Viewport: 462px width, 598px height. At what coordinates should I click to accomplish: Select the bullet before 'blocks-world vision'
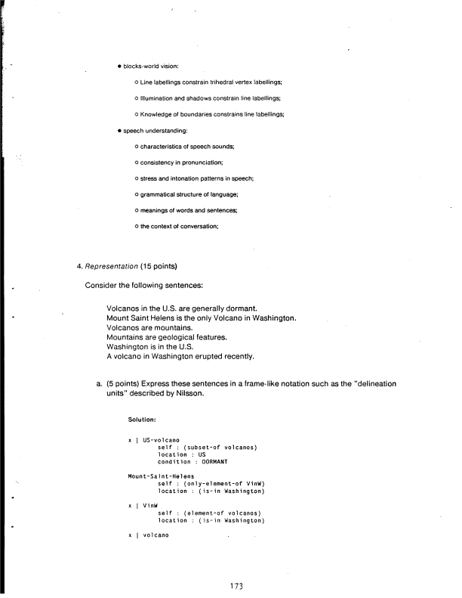119,67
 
